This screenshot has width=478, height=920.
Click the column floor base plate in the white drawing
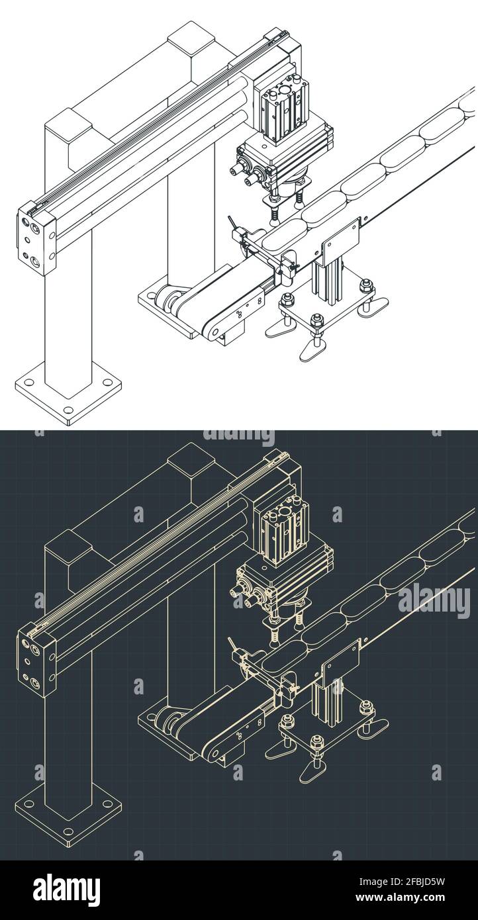(x=69, y=392)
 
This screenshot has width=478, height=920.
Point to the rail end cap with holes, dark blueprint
(x=36, y=659)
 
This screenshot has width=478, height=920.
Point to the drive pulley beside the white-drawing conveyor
(x=171, y=301)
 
